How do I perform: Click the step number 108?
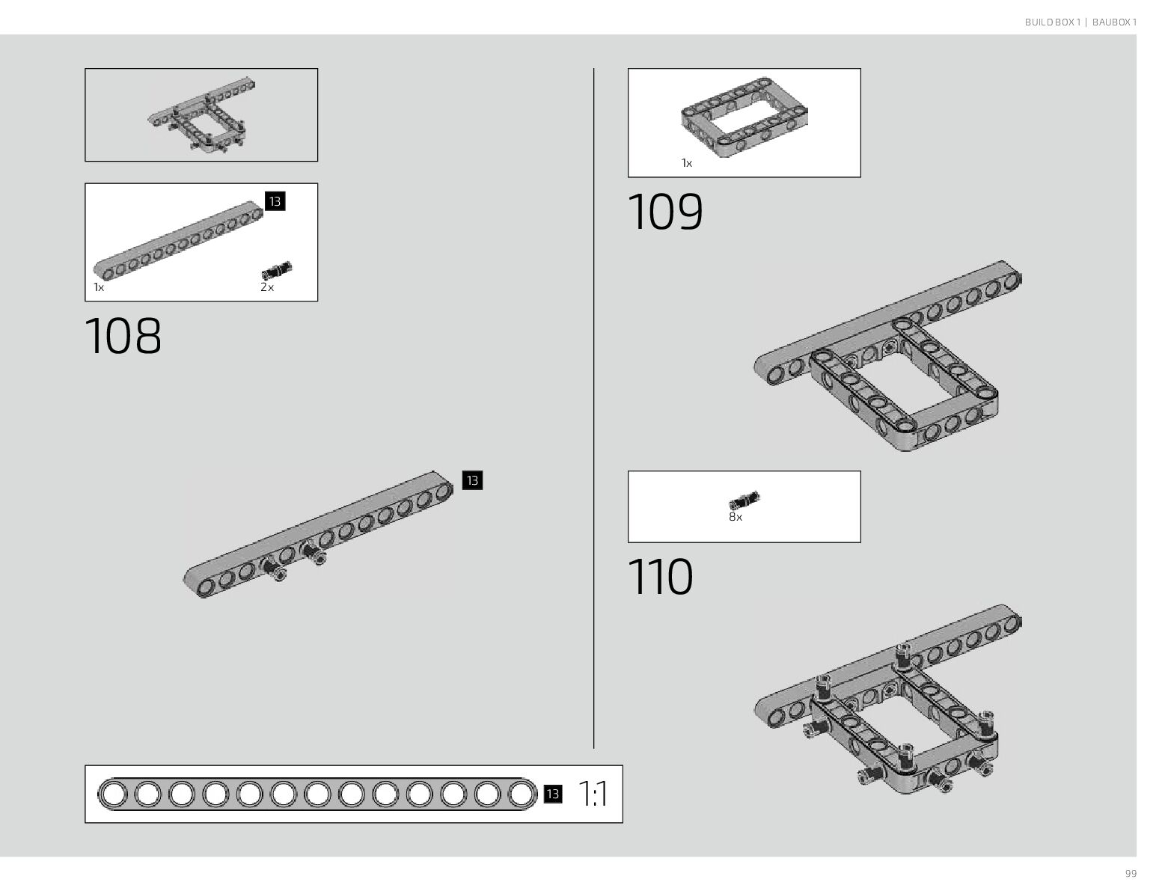coord(123,336)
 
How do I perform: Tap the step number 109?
coord(665,212)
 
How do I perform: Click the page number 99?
coord(1131,874)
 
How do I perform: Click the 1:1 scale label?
coord(593,794)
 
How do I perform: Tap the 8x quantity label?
coord(736,517)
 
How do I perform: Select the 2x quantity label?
coord(267,287)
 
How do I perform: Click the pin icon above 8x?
coord(744,500)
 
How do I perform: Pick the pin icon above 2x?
coord(277,270)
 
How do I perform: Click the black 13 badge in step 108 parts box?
coord(275,201)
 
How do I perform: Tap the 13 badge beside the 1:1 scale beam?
coord(553,794)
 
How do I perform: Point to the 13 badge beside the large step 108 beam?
coord(472,480)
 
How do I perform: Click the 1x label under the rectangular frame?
coord(686,163)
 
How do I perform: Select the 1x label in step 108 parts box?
coord(99,287)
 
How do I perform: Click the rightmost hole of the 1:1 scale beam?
coord(522,794)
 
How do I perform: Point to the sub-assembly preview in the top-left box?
coord(201,115)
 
